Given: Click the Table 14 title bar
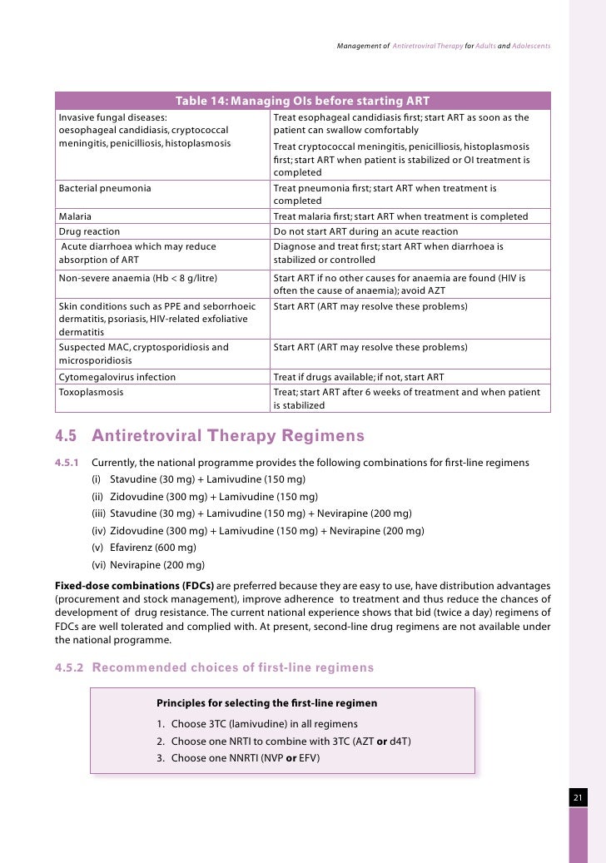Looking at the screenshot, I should point(302,101).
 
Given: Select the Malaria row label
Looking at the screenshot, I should point(76,216).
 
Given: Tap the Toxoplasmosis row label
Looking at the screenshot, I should point(91,392).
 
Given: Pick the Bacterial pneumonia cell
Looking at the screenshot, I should point(105,188).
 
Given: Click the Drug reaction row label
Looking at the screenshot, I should point(89,231).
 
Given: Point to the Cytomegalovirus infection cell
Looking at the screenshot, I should point(117,377).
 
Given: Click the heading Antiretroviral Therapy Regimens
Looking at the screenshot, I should point(228,436).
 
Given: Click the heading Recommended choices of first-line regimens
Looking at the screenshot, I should point(232,667).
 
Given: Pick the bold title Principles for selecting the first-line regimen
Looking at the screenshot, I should point(266,704).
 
